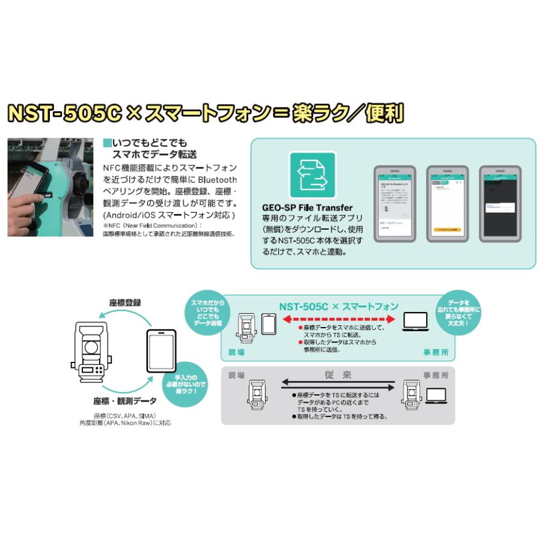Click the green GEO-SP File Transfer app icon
[x=313, y=175]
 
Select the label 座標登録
[x=125, y=303]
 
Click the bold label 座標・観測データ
[x=124, y=400]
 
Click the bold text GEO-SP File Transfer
[x=307, y=207]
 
